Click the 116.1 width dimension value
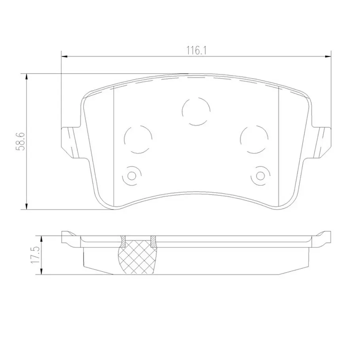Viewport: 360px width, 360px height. point(196,51)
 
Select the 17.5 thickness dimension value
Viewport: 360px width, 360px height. point(35,255)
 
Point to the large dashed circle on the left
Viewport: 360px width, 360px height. point(138,139)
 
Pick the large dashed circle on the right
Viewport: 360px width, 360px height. point(254,139)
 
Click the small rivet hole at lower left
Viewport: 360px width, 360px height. point(132,176)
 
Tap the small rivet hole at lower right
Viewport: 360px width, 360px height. point(260,176)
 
